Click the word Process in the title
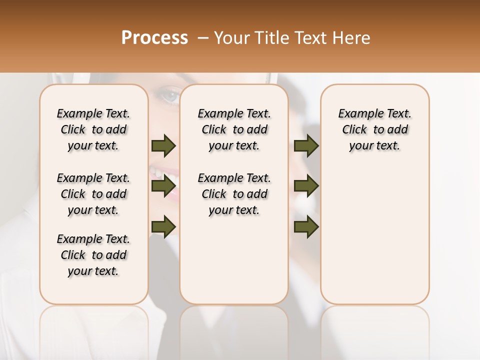pos(154,38)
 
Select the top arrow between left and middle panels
pos(163,145)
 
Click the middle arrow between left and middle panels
pos(163,186)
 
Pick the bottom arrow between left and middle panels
pos(163,226)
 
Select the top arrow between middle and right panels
pos(306,145)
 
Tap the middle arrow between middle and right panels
pos(306,186)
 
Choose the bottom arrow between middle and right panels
pos(306,226)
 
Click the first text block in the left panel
pos(93,129)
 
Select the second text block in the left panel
pos(93,194)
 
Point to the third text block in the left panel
pos(93,255)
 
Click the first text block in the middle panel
pos(234,129)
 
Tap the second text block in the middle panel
pos(234,194)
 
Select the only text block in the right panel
pos(375,129)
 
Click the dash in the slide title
pos(203,38)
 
